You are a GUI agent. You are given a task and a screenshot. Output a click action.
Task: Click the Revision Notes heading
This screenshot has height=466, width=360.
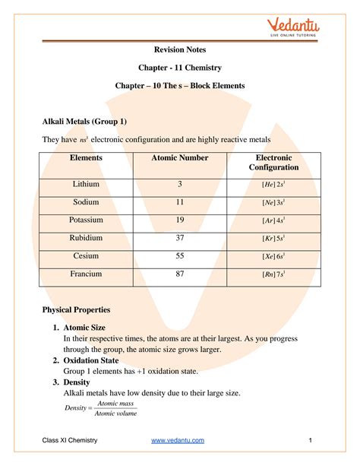click(x=179, y=50)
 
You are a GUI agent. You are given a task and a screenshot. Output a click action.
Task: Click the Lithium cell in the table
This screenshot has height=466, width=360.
click(x=86, y=185)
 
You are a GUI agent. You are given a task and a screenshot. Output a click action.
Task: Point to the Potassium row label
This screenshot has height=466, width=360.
click(x=86, y=220)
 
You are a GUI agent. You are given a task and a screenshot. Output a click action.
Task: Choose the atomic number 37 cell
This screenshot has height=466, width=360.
click(x=180, y=238)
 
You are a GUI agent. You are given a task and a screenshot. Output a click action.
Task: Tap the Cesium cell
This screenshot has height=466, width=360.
click(x=86, y=256)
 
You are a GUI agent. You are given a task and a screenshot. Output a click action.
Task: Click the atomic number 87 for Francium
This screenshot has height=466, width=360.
click(x=180, y=273)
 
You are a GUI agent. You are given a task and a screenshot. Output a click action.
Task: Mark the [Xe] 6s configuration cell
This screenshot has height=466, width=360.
click(x=274, y=257)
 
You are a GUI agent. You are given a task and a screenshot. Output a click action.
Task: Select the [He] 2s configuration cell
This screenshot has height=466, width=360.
click(x=274, y=185)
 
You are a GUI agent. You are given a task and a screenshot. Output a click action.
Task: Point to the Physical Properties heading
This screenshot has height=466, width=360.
click(x=76, y=310)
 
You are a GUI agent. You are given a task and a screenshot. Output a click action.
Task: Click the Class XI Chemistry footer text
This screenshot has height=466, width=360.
click(x=69, y=441)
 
